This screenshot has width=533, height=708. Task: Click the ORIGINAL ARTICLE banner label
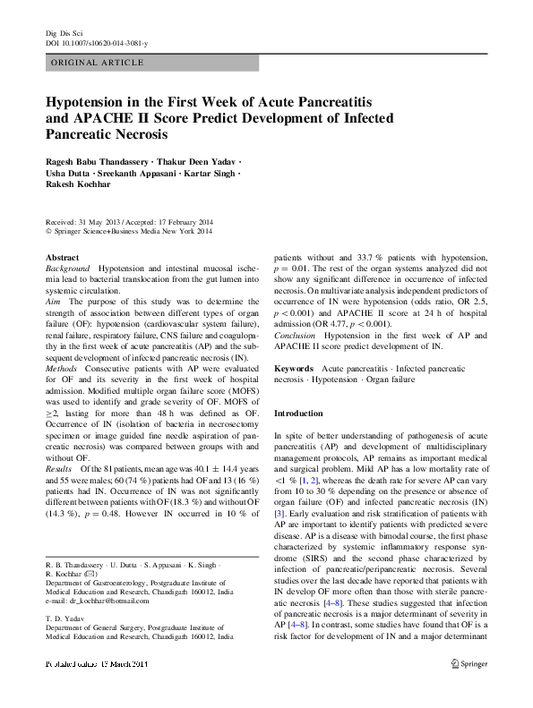pyautogui.click(x=99, y=62)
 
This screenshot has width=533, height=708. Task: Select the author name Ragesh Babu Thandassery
pyautogui.click(x=101, y=161)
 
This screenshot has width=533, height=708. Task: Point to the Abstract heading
pyautogui.click(x=62, y=258)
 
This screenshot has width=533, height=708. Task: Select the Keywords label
pyautogui.click(x=294, y=369)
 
